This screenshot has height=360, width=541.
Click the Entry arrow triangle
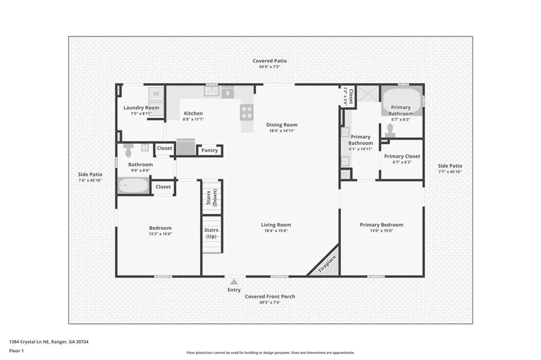(234, 282)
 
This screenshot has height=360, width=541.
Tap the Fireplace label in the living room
(327, 264)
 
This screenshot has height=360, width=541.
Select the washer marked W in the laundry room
(156, 94)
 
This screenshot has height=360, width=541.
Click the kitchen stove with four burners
(247, 112)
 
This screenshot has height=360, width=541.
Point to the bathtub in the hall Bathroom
(134, 185)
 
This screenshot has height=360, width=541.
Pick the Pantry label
(209, 150)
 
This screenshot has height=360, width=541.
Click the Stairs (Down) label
(211, 197)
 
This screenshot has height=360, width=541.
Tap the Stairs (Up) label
(211, 233)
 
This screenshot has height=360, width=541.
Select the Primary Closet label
(402, 156)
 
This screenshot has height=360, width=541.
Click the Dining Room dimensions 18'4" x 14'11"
(282, 131)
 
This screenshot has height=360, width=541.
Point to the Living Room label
(276, 225)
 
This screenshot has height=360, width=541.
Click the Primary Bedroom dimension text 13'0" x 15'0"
(381, 231)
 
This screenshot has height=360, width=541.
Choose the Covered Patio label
(269, 61)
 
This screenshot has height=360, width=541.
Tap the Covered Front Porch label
(270, 297)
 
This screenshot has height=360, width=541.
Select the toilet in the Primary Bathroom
(390, 130)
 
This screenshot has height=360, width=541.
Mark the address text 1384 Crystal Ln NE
(30, 342)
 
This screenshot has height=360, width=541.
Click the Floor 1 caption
(16, 350)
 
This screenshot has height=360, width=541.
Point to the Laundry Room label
(141, 108)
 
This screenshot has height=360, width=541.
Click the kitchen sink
(211, 91)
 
